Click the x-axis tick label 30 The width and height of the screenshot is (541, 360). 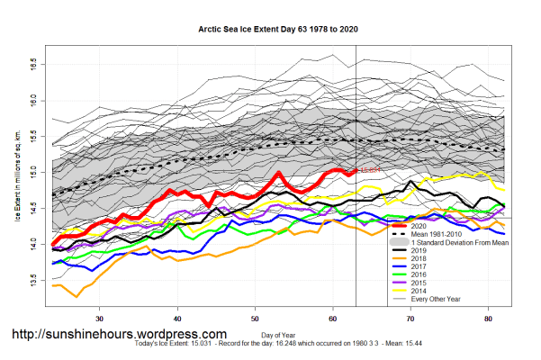click(x=100, y=318)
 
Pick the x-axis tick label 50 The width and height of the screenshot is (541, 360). click(x=256, y=318)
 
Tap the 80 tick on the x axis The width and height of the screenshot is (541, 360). click(x=488, y=318)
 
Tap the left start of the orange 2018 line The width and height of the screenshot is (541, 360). click(x=54, y=286)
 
